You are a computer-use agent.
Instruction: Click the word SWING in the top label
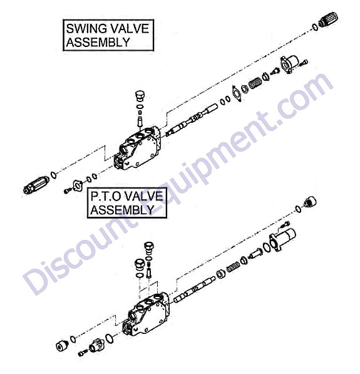coord(86,29)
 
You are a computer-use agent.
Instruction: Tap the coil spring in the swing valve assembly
coord(255,83)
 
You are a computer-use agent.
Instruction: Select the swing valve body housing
coord(136,148)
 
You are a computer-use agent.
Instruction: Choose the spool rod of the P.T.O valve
coord(194,288)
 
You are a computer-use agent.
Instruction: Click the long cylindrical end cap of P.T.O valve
coord(283,239)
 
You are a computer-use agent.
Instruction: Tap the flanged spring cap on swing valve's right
coord(289,64)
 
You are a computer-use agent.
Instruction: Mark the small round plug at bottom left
coord(62,345)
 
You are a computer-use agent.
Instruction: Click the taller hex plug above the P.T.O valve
coord(149,248)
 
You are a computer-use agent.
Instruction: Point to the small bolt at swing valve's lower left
coord(68,190)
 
